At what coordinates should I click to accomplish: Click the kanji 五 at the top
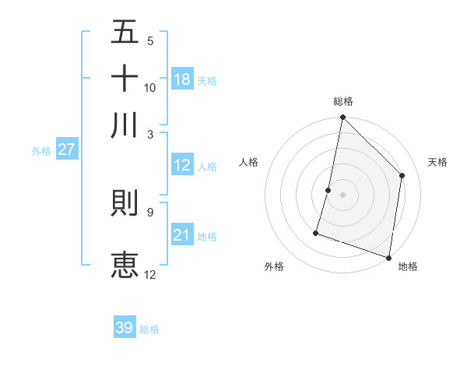click(125, 33)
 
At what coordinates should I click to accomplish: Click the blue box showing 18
click(182, 79)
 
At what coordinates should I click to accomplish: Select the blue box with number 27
click(66, 150)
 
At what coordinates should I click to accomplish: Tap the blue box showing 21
click(182, 235)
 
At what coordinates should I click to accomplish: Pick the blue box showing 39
click(125, 328)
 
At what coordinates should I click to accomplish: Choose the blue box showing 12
click(182, 165)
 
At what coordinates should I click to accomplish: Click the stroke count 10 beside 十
click(150, 87)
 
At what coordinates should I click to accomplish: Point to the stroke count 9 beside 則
click(149, 211)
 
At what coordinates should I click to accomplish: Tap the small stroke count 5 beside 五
click(150, 41)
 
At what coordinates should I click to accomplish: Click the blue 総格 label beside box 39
click(149, 329)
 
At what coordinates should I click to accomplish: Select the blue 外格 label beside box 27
click(41, 151)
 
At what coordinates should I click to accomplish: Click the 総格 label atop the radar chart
click(342, 101)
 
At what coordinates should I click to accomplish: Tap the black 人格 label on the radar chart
click(249, 162)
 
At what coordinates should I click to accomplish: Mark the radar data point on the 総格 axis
click(342, 118)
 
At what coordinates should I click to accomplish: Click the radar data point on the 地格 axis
click(388, 257)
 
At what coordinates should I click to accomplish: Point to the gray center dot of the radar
click(342, 195)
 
